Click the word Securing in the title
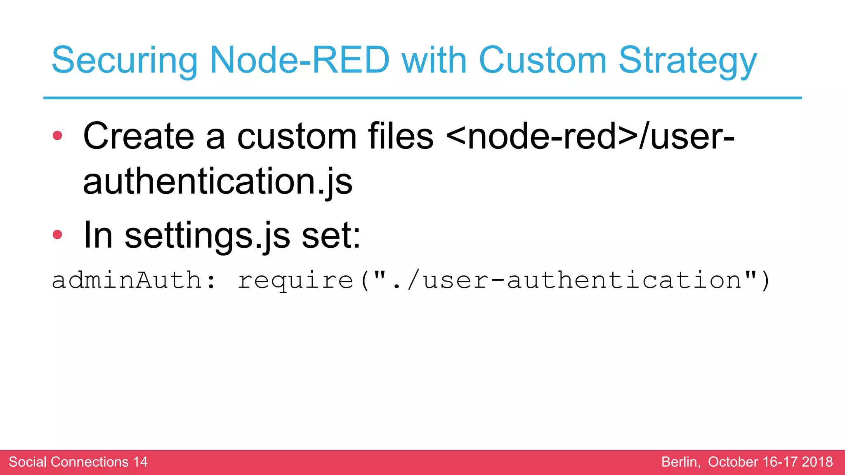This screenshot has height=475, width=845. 124,60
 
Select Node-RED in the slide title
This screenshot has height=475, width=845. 300,60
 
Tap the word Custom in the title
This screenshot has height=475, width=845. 542,60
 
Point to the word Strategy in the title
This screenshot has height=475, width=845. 687,60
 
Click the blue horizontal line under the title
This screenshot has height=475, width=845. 422,98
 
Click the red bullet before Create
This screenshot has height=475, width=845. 57,136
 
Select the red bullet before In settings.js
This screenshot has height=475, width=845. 57,235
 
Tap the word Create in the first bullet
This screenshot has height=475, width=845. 139,136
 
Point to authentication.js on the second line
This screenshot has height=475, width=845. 217,181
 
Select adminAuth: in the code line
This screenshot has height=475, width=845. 134,280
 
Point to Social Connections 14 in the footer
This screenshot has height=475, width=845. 78,462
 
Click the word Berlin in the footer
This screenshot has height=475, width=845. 680,462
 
